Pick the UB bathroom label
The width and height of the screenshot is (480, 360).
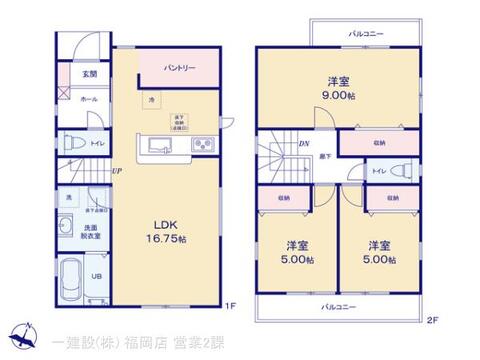pyautogui.click(x=98, y=276)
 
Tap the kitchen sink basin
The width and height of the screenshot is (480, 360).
pyautogui.click(x=159, y=146)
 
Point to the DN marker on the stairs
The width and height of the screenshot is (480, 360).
pyautogui.click(x=304, y=143)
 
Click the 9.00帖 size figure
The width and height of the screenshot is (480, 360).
pyautogui.click(x=338, y=96)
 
